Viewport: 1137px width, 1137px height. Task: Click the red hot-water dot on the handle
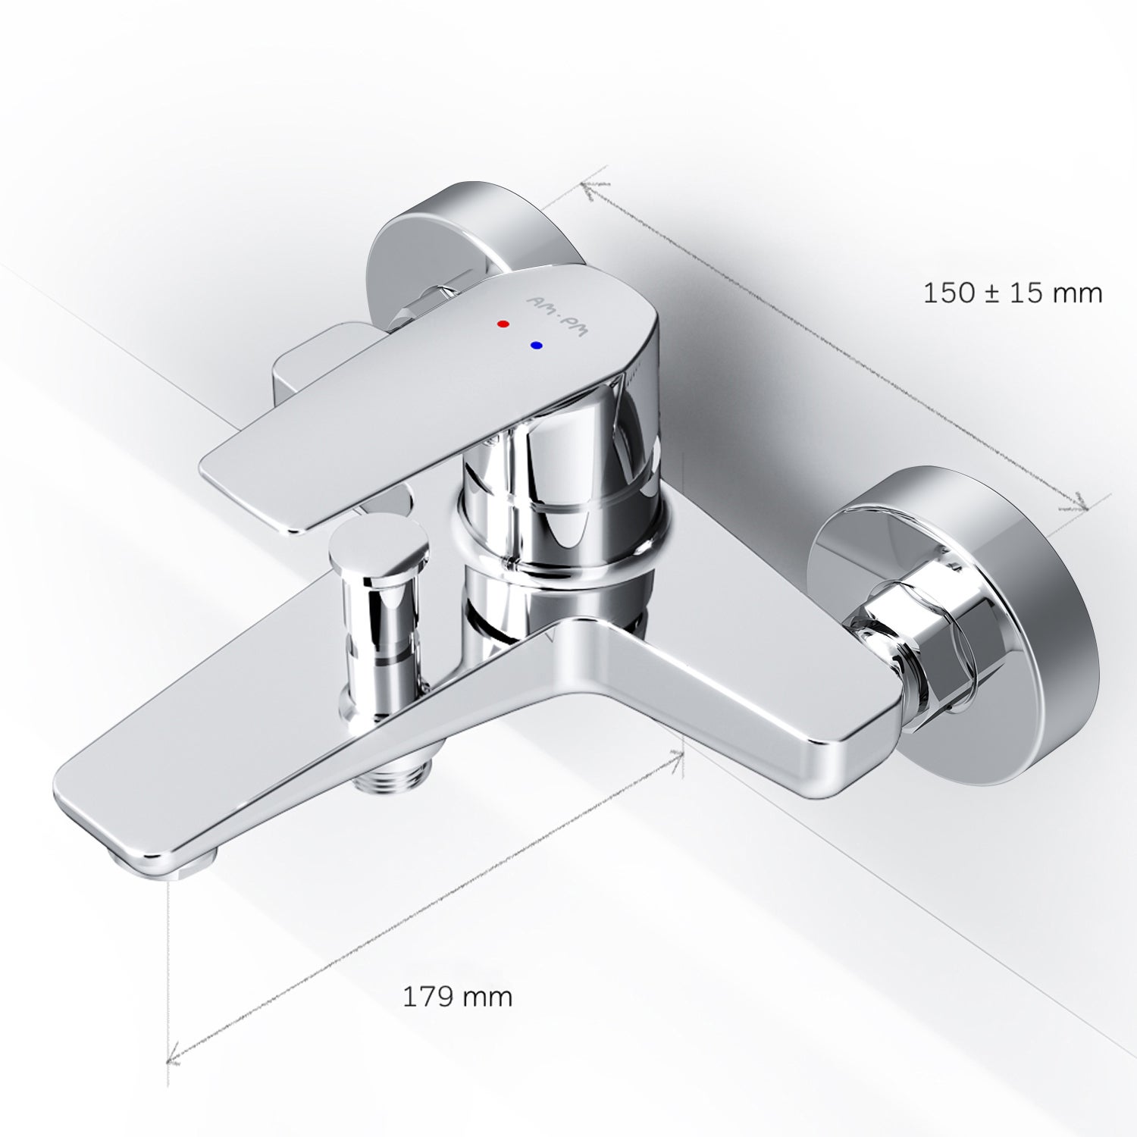[x=503, y=324]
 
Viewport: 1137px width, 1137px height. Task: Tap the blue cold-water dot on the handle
[x=537, y=346]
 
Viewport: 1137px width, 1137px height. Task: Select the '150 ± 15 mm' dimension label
[x=1013, y=293]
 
